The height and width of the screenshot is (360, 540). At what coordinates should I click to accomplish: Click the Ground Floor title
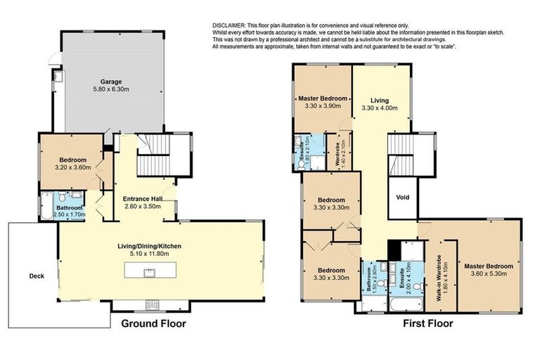coord(154,324)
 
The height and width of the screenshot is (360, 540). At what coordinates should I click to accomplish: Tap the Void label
coord(403,198)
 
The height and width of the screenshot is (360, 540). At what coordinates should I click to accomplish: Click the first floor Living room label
coord(379,100)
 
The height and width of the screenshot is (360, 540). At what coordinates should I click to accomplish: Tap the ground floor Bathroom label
coord(70,208)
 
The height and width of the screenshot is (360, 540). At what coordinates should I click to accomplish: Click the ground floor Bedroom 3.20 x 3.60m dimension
coord(74,168)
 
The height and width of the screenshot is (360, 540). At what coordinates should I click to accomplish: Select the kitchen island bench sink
coord(149,271)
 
